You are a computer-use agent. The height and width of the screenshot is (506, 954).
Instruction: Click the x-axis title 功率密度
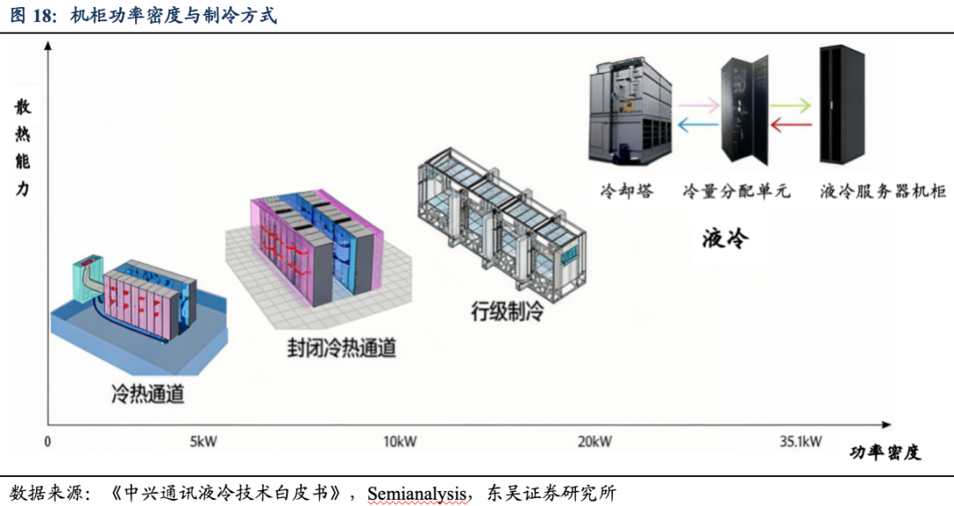click(x=885, y=453)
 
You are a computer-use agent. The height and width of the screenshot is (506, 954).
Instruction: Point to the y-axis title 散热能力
click(x=22, y=148)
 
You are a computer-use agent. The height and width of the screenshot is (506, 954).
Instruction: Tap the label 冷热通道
click(x=148, y=394)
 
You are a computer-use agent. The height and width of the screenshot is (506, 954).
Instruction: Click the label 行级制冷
click(x=506, y=311)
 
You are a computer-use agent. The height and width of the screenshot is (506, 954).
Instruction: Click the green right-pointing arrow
click(x=791, y=106)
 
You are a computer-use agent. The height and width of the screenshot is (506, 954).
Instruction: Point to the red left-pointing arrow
click(x=791, y=125)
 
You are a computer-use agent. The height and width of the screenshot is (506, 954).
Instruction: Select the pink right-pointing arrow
click(x=697, y=106)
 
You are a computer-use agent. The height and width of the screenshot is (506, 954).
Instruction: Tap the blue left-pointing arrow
click(x=697, y=125)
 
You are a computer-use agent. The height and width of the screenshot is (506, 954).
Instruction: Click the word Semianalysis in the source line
click(x=417, y=493)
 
